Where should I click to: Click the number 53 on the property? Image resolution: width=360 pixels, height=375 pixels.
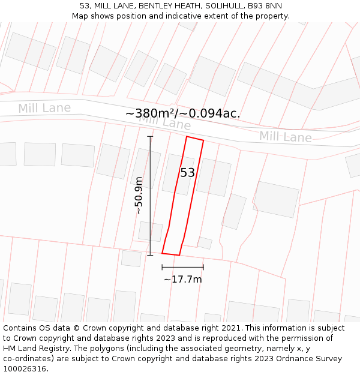tap(188, 173)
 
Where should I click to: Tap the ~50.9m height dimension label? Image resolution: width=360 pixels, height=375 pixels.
tap(139, 196)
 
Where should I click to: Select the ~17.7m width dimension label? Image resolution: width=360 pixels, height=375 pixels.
tap(183, 279)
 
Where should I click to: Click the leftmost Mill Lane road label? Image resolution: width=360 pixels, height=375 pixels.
tap(44, 109)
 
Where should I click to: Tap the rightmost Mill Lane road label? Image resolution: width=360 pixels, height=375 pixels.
tap(286, 137)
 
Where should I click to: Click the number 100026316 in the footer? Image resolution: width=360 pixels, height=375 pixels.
tap(24, 369)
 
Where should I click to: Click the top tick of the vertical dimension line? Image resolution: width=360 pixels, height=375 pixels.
tap(150, 136)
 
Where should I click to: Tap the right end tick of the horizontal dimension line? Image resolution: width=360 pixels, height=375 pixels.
tap(203, 267)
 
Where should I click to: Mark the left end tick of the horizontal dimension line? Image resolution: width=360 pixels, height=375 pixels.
tap(162, 267)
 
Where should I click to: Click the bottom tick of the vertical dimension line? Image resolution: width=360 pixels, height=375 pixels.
tap(150, 255)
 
